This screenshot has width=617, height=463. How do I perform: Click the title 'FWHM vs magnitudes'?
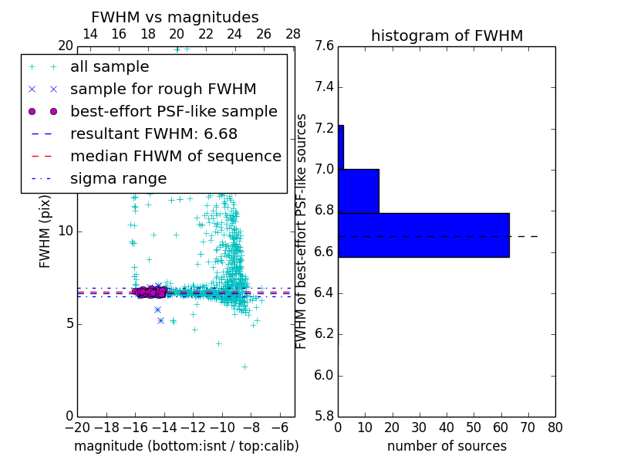[174, 17]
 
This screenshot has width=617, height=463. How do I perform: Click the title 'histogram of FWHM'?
[447, 35]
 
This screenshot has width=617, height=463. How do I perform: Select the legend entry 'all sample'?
[110, 67]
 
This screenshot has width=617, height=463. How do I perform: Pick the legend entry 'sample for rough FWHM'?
[163, 90]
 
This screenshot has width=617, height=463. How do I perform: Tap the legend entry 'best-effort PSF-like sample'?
[174, 112]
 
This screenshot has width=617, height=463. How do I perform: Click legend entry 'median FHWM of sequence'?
[175, 157]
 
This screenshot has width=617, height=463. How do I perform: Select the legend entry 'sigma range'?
[118, 179]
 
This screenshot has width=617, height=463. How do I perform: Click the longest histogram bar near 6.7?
[423, 235]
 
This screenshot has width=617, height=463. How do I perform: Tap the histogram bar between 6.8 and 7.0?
[358, 191]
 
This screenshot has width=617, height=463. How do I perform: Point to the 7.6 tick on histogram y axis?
[325, 46]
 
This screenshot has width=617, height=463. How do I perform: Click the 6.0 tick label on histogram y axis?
[325, 376]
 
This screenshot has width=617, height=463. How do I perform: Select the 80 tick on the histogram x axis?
[555, 427]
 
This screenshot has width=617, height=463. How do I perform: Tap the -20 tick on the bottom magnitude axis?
[77, 427]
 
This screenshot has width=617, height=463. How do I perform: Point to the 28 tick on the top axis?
[293, 34]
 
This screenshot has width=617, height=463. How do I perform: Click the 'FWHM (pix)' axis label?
[46, 231]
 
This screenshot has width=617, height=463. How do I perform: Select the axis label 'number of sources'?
[447, 446]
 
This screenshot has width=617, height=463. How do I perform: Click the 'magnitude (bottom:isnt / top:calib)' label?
[186, 446]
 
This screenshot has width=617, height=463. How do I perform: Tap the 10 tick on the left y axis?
[65, 231]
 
